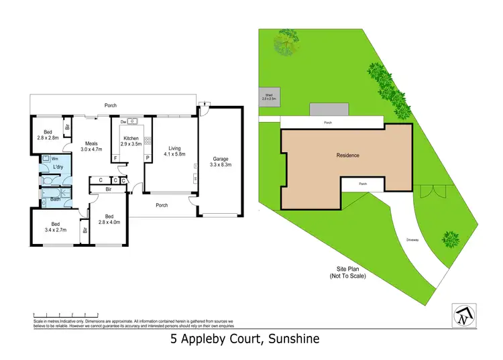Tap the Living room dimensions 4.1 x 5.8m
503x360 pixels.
tap(174, 154)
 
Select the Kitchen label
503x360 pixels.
tap(130, 138)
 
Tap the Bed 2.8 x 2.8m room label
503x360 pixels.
tap(47, 134)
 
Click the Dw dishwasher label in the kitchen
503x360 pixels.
tap(123, 122)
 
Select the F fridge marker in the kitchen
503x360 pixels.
tap(115, 158)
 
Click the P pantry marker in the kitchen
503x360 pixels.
tap(147, 158)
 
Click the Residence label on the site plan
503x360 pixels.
tap(348, 156)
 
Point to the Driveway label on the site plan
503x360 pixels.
tap(413, 239)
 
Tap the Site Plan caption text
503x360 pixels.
tap(347, 271)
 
